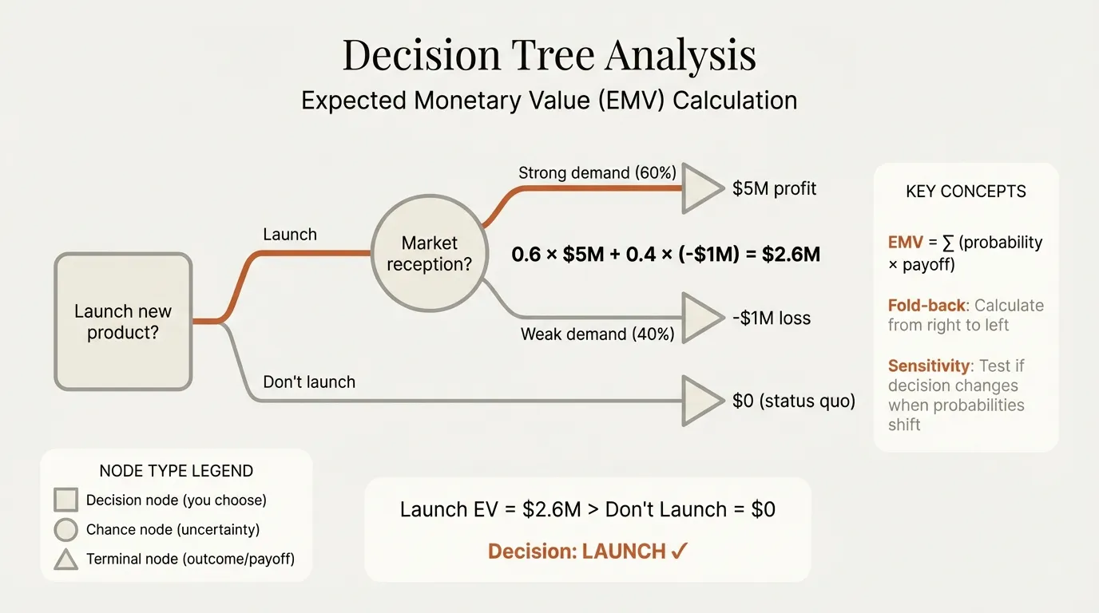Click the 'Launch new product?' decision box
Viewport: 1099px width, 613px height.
[123, 322]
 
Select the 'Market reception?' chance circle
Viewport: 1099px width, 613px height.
[429, 253]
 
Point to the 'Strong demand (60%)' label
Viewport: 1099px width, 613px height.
[597, 172]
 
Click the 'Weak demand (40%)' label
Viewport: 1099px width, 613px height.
[597, 334]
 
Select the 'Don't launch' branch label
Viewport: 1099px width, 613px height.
[309, 382]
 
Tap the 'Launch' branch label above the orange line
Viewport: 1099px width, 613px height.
[290, 235]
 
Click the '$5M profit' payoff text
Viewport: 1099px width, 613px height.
[774, 189]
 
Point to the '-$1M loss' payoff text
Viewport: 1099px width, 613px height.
[771, 318]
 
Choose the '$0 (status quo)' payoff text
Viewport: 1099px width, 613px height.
[793, 401]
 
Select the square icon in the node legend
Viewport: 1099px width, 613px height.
[65, 500]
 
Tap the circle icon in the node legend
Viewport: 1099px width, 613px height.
[65, 530]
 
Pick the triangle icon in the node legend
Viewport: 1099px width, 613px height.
[65, 560]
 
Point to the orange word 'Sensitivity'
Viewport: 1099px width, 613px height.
[926, 366]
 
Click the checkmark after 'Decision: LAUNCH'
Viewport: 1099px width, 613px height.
[680, 552]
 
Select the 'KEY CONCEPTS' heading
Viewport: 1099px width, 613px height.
[966, 192]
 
